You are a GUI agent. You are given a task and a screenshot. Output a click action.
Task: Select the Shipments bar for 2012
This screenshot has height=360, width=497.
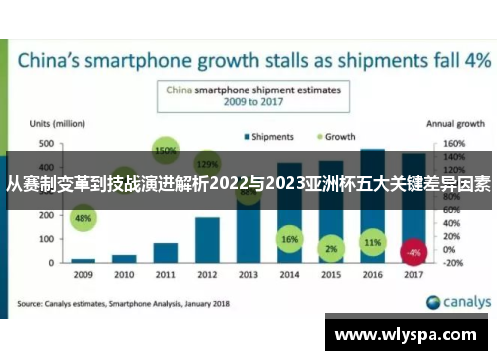pos(207,239)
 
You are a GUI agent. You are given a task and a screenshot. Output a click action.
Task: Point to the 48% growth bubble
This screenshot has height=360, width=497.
pos(83,218)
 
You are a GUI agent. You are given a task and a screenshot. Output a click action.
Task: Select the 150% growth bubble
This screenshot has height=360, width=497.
pos(166,151)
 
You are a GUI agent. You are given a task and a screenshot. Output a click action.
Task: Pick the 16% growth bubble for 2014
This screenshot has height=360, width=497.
pos(289,240)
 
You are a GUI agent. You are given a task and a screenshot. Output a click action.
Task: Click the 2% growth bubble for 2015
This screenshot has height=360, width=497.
pos(331,248)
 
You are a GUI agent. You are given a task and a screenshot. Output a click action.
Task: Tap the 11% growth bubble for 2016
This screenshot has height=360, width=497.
pos(373,242)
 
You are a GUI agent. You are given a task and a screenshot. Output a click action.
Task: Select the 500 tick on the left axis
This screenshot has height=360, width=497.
pos(46,143)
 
